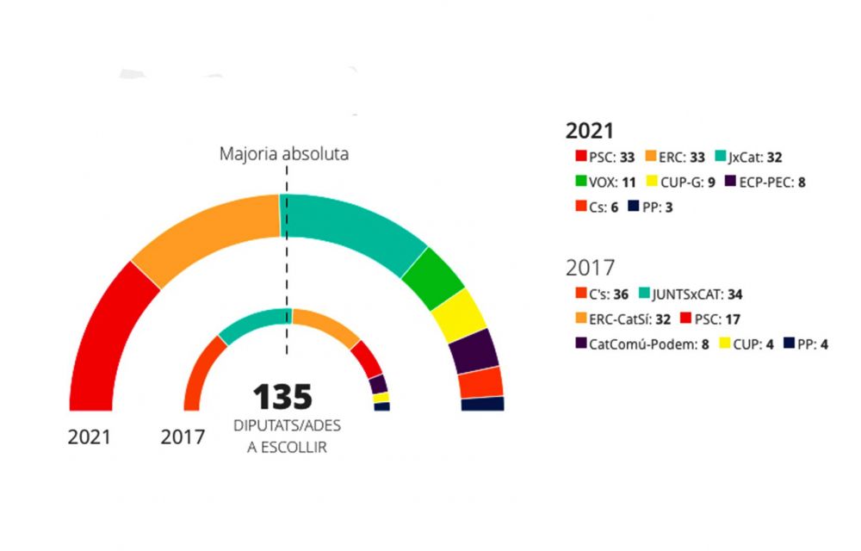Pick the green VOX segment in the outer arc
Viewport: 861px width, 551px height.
pyautogui.click(x=432, y=273)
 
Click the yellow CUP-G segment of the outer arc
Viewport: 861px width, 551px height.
pyautogui.click(x=460, y=313)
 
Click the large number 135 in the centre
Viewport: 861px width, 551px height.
pyautogui.click(x=282, y=397)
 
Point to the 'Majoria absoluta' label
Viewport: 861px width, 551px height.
pyautogui.click(x=284, y=155)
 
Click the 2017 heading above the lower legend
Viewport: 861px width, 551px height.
pyautogui.click(x=590, y=267)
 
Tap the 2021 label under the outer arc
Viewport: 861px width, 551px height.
pyautogui.click(x=90, y=436)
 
